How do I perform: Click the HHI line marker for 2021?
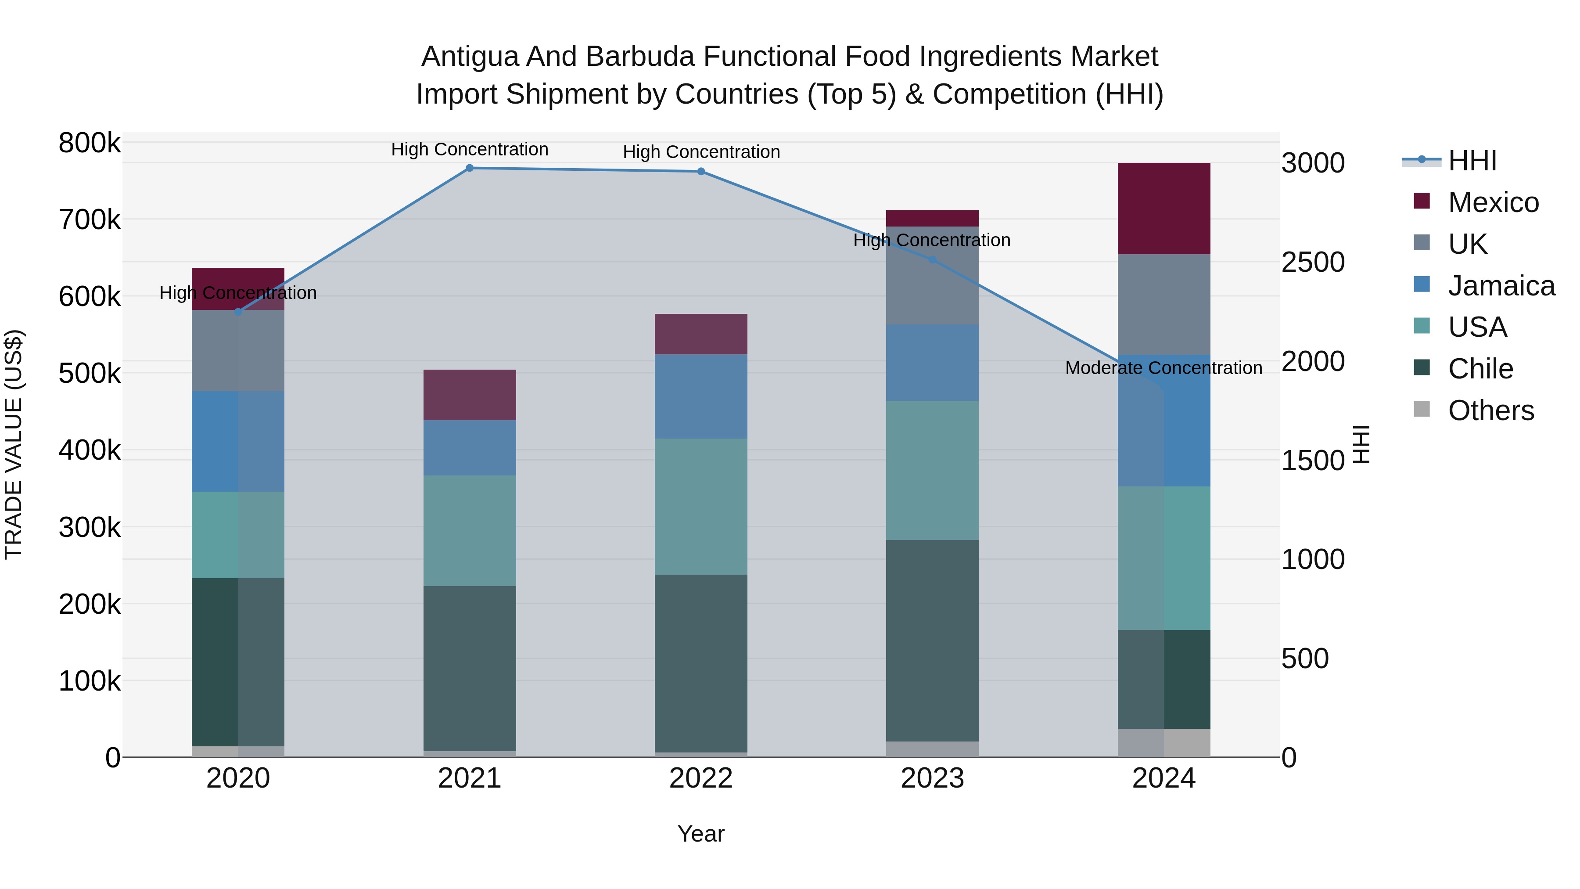tap(469, 168)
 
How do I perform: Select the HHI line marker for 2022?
tap(701, 171)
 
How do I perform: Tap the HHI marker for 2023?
tap(932, 259)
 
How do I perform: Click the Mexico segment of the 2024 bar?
tap(1163, 208)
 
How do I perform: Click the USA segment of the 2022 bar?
tap(701, 506)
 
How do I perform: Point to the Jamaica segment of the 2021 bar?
tap(469, 447)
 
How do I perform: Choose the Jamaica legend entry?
tap(1501, 286)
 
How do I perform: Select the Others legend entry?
tap(1490, 410)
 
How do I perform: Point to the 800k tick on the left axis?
tap(90, 143)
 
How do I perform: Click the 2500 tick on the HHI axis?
tap(1313, 262)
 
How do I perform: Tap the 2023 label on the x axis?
tap(932, 778)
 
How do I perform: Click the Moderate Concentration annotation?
tap(1163, 368)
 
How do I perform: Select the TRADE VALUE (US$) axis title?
tap(14, 444)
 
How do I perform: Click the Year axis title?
tap(701, 834)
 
